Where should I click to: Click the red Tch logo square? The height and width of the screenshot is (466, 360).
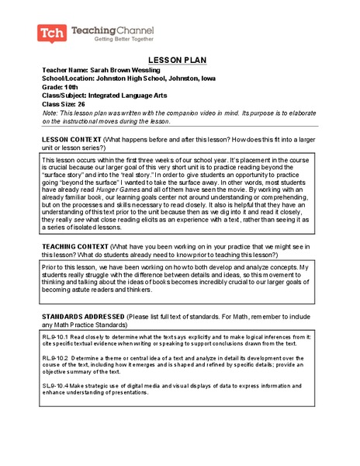coord(50,33)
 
